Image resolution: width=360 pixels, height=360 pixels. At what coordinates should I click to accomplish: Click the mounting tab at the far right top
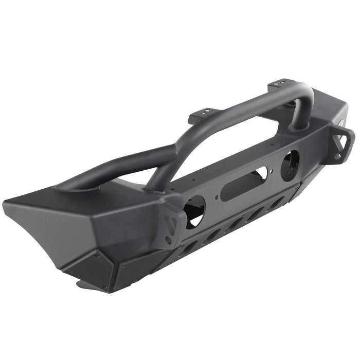click(x=281, y=83)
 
